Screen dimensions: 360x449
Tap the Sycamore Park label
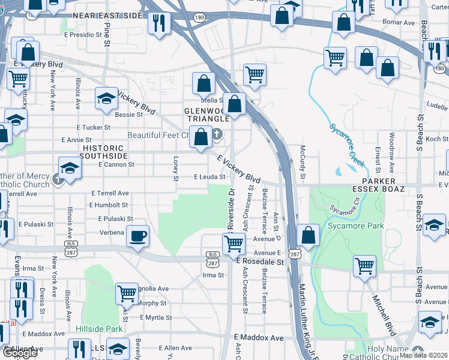click(x=350, y=226)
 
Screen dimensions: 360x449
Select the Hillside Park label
click(x=99, y=329)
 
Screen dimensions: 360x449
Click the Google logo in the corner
click(x=20, y=353)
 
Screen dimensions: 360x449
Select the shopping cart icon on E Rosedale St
click(x=233, y=244)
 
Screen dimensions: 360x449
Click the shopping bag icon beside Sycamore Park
click(x=308, y=235)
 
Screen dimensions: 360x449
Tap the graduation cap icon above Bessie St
click(x=106, y=98)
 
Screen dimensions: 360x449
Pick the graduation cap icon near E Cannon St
click(x=69, y=167)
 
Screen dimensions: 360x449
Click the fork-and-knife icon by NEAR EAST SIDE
click(x=159, y=23)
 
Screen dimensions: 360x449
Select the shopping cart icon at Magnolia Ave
click(x=127, y=293)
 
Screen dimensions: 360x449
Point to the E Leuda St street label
click(x=209, y=177)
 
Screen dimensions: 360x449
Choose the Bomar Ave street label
click(x=401, y=23)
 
